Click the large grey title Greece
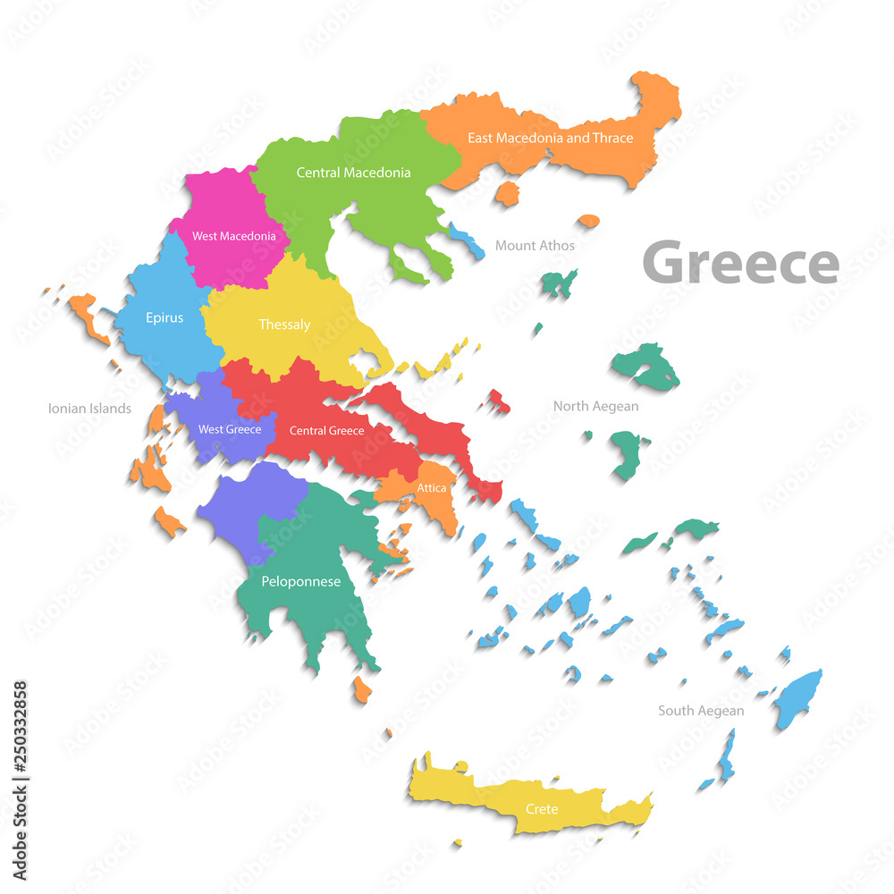click(740, 263)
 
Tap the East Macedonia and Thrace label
click(550, 138)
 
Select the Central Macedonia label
click(353, 172)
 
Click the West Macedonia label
click(233, 236)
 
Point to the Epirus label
click(164, 316)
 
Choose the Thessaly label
click(284, 324)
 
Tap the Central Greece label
click(326, 431)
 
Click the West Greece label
click(230, 429)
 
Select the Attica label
click(431, 488)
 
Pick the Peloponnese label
click(300, 581)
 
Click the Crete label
click(542, 809)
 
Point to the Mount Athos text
click(535, 245)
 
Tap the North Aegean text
click(595, 406)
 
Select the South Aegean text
click(701, 711)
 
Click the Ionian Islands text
click(89, 409)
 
